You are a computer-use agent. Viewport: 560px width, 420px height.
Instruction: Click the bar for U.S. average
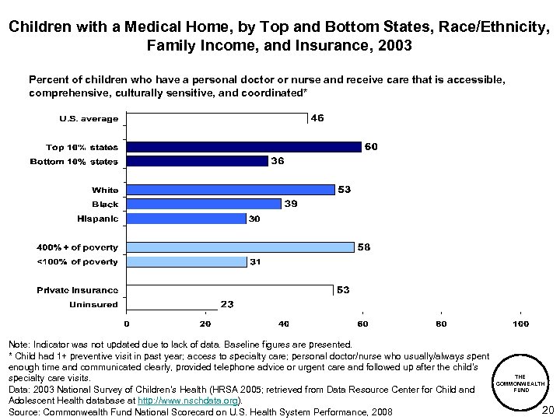217,119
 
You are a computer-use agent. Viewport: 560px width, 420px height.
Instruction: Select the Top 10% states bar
243,146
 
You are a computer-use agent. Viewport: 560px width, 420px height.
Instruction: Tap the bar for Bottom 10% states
197,161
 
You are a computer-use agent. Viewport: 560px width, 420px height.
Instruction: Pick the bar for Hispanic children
186,219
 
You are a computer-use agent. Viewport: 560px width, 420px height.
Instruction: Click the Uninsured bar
172,304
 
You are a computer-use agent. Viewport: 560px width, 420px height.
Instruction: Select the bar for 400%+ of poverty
240,247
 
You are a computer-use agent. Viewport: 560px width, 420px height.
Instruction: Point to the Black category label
104,205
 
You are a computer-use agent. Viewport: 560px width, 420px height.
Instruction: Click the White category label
105,190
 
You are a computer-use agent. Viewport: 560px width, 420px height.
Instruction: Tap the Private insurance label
78,290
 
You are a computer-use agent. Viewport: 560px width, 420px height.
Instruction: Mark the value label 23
228,304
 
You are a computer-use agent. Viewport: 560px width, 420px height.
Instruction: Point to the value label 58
362,247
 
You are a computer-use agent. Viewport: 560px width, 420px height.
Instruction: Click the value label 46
317,119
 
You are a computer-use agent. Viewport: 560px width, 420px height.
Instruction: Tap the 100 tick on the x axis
520,324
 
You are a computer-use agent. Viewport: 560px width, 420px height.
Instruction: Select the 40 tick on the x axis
284,324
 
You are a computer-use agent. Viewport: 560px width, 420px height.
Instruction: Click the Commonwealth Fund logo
521,382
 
